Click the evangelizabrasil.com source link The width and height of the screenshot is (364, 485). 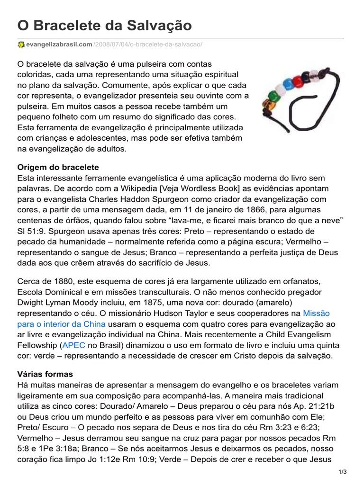pyautogui.click(x=59, y=45)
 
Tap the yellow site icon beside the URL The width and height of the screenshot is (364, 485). pyautogui.click(x=21, y=45)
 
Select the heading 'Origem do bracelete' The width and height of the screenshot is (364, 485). pyautogui.click(x=58, y=167)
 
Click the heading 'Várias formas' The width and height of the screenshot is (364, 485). pyautogui.click(x=45, y=374)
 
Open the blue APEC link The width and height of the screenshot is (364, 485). pyautogui.click(x=73, y=345)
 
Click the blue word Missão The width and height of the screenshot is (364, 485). pyautogui.click(x=316, y=314)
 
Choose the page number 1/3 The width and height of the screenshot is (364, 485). pyautogui.click(x=343, y=472)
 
